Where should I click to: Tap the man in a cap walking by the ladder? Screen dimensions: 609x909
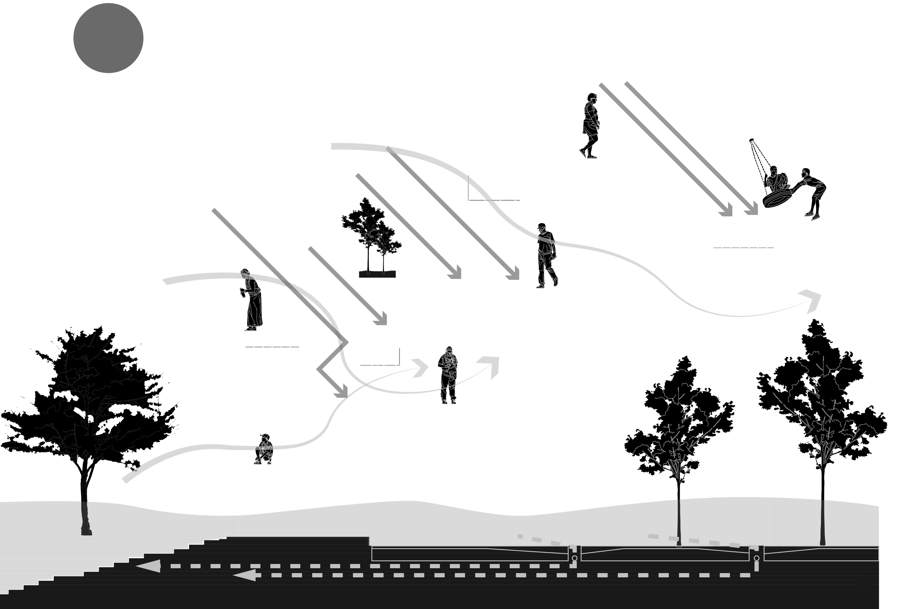(x=546, y=254)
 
